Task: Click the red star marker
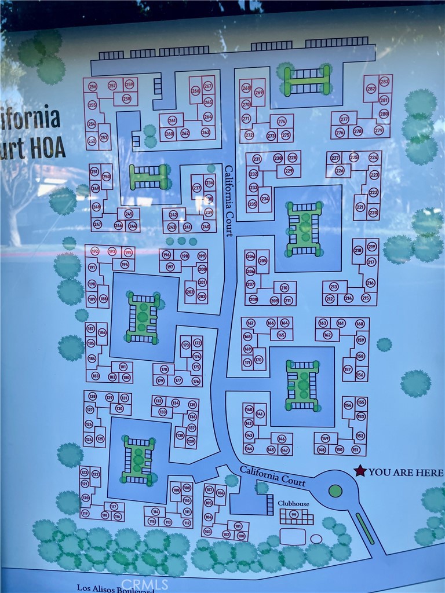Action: pyautogui.click(x=360, y=471)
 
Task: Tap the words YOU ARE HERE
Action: pyautogui.click(x=406, y=472)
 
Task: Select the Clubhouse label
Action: pyautogui.click(x=293, y=504)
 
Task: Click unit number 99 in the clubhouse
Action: pyautogui.click(x=294, y=514)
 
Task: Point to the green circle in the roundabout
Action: pyautogui.click(x=335, y=491)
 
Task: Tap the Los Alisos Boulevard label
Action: pyautogui.click(x=116, y=588)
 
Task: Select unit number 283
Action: pyautogui.click(x=384, y=81)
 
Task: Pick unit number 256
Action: pyautogui.click(x=93, y=86)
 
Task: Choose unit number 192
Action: pyautogui.click(x=94, y=251)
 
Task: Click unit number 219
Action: pyautogui.click(x=371, y=247)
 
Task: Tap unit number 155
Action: pyautogui.click(x=361, y=402)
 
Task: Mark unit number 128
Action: pyautogui.click(x=93, y=397)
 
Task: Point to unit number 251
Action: pyautogui.click(x=94, y=172)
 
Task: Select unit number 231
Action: pyautogui.click(x=257, y=159)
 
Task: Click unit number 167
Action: pyautogui.click(x=250, y=323)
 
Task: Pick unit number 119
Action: pyautogui.click(x=85, y=513)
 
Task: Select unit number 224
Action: pyautogui.click(x=373, y=157)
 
